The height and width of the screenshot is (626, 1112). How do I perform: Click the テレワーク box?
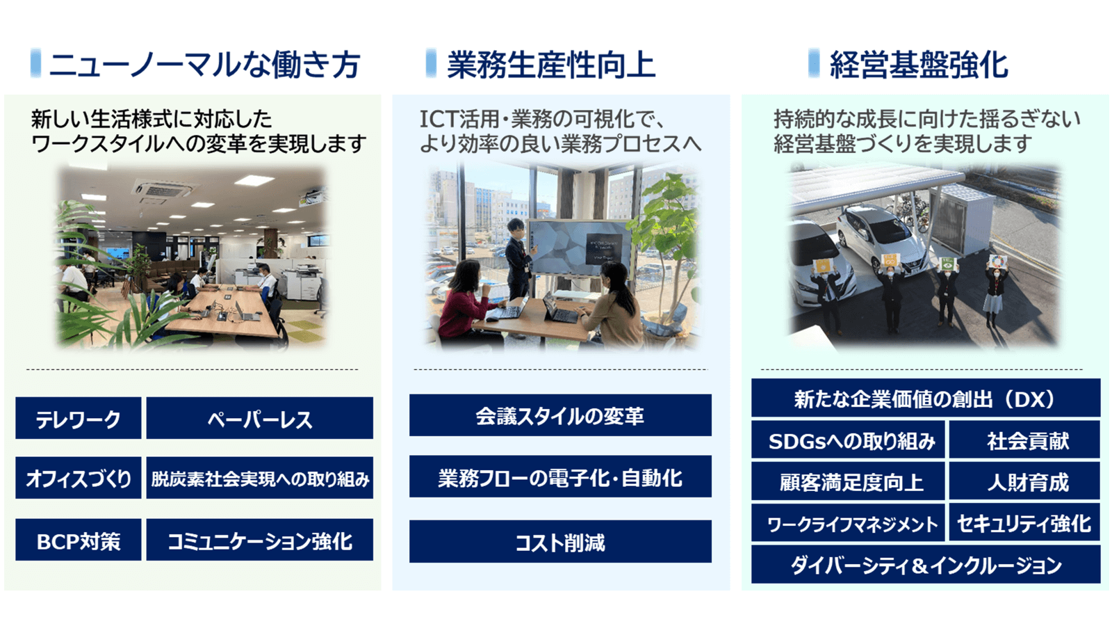[x=79, y=419]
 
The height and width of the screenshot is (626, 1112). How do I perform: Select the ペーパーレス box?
[x=259, y=419]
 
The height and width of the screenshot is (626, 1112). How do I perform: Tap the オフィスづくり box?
[x=79, y=479]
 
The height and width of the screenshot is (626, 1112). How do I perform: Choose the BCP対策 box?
[x=79, y=540]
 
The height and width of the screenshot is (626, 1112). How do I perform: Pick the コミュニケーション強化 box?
[x=259, y=540]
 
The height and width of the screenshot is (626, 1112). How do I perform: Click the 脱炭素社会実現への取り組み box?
[x=259, y=479]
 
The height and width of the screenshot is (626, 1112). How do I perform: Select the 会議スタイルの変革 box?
[x=560, y=416]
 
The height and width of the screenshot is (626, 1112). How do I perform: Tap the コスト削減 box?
[x=560, y=542]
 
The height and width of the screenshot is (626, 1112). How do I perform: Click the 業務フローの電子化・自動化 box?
[x=560, y=477]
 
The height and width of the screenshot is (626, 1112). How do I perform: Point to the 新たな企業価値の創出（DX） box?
[x=926, y=399]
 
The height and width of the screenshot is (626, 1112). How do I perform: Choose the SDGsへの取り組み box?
[x=849, y=440]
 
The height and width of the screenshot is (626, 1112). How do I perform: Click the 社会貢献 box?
[x=1025, y=440]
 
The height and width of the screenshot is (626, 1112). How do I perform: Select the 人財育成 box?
[x=1025, y=482]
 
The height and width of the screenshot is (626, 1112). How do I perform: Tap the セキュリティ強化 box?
[x=1025, y=523]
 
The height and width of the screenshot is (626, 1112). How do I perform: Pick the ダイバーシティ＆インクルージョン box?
[x=926, y=565]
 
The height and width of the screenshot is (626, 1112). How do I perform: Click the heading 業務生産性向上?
[x=550, y=65]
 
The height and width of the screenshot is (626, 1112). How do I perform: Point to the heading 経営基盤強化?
[x=919, y=65]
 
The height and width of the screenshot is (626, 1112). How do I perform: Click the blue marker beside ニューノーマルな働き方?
[x=36, y=63]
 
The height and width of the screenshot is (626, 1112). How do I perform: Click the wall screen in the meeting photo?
[x=580, y=247]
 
